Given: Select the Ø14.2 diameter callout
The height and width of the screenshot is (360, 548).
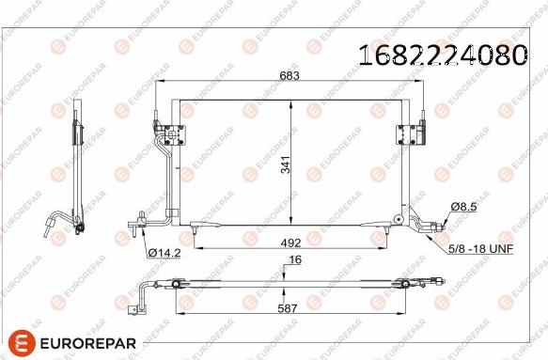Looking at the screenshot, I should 164,252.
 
